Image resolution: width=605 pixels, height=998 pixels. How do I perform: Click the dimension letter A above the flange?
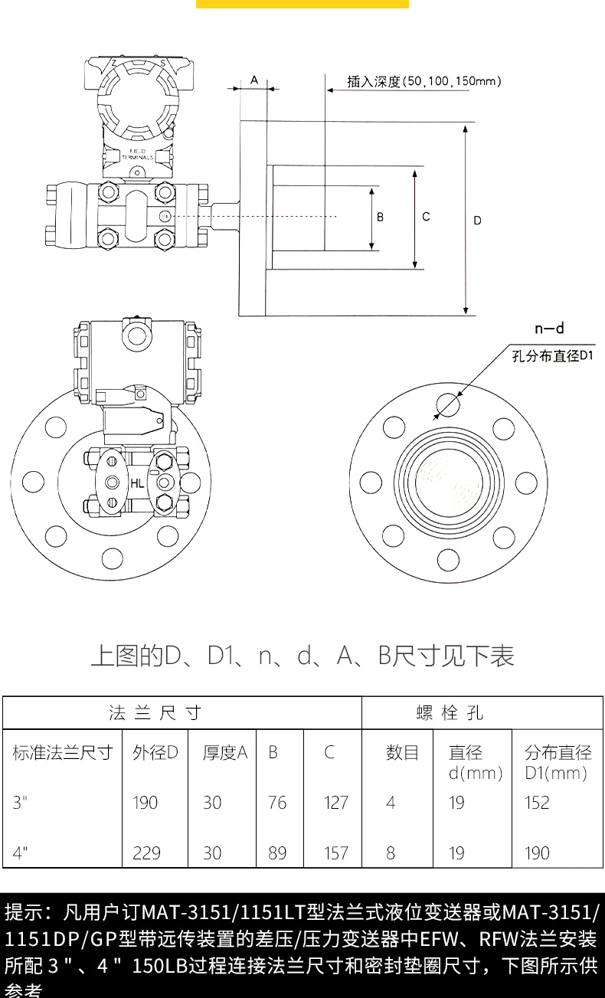click(x=253, y=80)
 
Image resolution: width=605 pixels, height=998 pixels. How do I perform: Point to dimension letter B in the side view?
click(x=380, y=218)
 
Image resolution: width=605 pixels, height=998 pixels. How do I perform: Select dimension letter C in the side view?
click(x=426, y=217)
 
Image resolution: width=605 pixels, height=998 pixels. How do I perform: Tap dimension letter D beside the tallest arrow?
click(x=477, y=221)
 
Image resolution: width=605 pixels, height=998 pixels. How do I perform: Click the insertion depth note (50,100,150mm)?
click(x=424, y=81)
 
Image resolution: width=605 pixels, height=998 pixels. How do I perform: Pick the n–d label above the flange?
click(x=549, y=329)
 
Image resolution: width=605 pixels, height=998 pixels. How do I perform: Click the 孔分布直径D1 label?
click(x=553, y=355)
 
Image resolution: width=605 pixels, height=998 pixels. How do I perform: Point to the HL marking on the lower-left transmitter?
click(x=136, y=483)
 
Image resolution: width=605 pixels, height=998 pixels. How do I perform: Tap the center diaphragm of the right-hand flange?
click(x=449, y=483)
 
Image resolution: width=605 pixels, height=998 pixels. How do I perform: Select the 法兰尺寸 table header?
click(x=155, y=713)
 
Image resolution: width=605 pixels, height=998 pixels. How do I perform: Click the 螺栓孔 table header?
click(x=450, y=713)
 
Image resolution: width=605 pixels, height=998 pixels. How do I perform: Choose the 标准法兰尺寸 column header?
click(x=62, y=752)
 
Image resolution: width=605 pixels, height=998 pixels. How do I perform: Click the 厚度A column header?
click(x=225, y=752)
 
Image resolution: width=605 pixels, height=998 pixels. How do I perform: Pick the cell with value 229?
click(x=146, y=852)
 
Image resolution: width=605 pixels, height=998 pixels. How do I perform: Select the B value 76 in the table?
click(x=277, y=802)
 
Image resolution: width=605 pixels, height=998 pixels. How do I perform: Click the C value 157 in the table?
click(x=335, y=852)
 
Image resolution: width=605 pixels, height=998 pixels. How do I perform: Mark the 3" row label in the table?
click(x=21, y=802)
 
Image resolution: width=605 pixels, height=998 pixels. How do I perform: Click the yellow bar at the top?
click(x=302, y=4)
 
